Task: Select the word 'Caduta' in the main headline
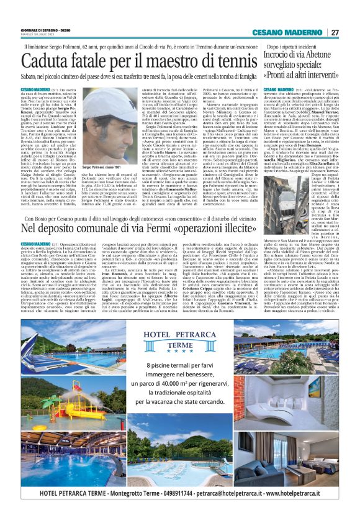[x=45, y=62]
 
